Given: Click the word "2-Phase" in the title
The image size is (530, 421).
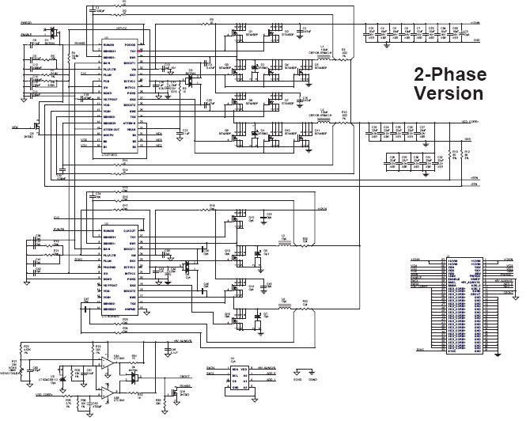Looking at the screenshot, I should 449,75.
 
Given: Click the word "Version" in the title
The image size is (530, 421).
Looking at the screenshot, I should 449,93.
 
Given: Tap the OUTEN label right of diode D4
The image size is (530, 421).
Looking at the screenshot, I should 163,376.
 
